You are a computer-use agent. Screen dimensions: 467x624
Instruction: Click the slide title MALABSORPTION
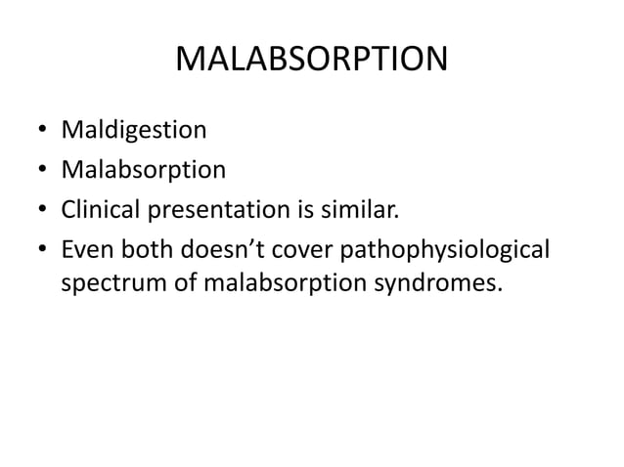coord(311,62)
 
